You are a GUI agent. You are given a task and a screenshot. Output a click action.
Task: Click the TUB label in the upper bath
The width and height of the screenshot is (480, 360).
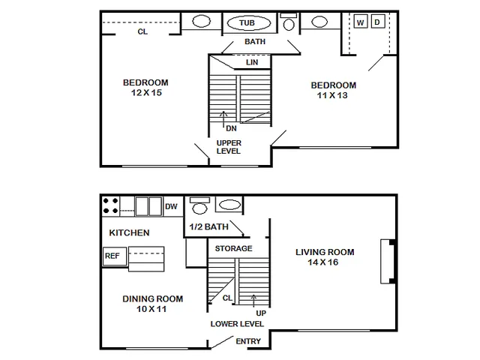coord(247,23)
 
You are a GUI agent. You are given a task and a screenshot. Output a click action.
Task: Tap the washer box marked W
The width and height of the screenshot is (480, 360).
coord(361,22)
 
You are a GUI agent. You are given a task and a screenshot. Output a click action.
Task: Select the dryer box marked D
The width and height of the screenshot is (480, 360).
coord(377,22)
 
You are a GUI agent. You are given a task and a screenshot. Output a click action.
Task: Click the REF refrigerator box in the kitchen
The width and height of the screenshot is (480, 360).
coord(115,256)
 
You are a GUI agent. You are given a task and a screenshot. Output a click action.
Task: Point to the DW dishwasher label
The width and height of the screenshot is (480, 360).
coord(171,207)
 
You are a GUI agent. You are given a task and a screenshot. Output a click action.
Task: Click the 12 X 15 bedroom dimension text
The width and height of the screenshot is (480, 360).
coord(146,93)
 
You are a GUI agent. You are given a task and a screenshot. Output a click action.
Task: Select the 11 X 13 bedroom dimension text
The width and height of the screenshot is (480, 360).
coord(332,95)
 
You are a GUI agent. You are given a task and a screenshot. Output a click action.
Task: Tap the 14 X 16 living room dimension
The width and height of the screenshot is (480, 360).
coord(323,262)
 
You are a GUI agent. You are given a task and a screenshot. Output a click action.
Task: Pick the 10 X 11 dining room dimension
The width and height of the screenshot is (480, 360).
coord(151,309)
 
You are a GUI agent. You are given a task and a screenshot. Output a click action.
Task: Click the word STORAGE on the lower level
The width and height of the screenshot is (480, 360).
coord(233,248)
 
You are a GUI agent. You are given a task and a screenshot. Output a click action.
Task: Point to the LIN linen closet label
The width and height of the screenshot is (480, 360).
coord(252,62)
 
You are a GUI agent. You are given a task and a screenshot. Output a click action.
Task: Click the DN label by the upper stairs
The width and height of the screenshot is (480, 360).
coord(231,128)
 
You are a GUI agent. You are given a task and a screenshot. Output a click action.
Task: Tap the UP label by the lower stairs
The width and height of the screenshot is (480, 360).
coord(261,313)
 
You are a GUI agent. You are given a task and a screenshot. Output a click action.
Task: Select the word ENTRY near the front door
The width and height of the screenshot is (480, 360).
coord(248,341)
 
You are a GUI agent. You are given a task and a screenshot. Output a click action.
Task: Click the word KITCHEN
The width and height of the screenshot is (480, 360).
coord(129,232)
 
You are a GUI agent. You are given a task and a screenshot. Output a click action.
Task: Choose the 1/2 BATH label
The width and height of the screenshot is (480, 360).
coord(208,226)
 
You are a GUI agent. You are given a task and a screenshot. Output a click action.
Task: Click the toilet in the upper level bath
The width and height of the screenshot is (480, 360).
coord(289,22)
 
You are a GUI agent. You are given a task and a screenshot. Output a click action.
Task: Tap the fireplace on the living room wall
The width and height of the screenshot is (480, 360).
coord(388,262)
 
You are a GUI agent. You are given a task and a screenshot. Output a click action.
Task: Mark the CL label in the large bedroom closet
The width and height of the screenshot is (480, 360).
coord(142,31)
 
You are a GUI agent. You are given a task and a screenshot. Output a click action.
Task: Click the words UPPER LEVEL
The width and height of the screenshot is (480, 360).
coord(229,147)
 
